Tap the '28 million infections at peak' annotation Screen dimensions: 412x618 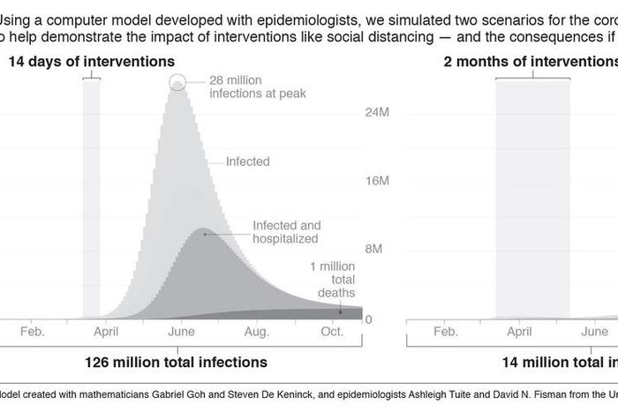point(257,86)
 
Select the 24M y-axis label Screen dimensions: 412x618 point(376,114)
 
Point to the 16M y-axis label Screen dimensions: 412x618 point(376,182)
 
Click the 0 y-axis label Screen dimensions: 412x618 point(368,319)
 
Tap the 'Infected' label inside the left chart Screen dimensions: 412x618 point(247,162)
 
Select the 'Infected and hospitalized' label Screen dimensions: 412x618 point(286,232)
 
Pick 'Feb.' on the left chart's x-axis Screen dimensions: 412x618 point(31,332)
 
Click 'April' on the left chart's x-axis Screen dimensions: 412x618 point(106,332)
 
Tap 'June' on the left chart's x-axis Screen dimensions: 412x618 point(181,332)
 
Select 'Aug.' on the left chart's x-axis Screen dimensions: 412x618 point(256,332)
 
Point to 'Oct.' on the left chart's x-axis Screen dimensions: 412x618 point(332,332)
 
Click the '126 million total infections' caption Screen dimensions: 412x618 point(176,362)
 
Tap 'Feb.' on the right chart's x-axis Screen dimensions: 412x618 point(445,332)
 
